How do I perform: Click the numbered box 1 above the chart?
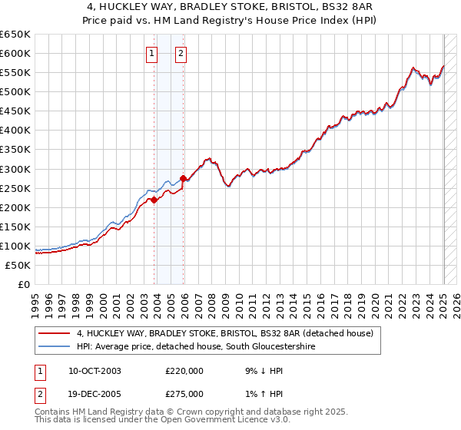coord(151,53)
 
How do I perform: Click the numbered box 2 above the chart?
coord(181,53)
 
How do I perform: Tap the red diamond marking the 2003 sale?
coord(154,200)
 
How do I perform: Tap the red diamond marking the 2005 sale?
coord(184,179)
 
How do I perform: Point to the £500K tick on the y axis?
coord(16,92)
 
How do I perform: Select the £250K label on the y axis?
coord(16,188)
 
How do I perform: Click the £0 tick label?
coord(23,285)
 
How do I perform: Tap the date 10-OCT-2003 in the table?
coord(95,371)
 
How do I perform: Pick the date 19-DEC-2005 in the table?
coord(95,394)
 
